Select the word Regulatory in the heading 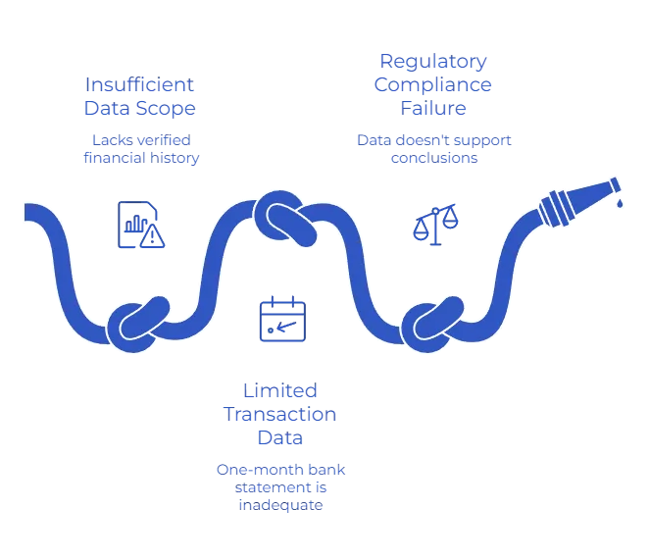tap(433, 61)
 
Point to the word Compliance tap(433, 84)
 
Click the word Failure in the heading tap(433, 108)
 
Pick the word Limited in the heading tap(281, 387)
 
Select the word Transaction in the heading tap(281, 413)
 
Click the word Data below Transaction tap(281, 437)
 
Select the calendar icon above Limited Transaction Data tap(282, 317)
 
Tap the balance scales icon tap(433, 224)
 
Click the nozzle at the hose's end tap(576, 198)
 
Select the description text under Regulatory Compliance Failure tap(433, 148)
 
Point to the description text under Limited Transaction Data tap(281, 486)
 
